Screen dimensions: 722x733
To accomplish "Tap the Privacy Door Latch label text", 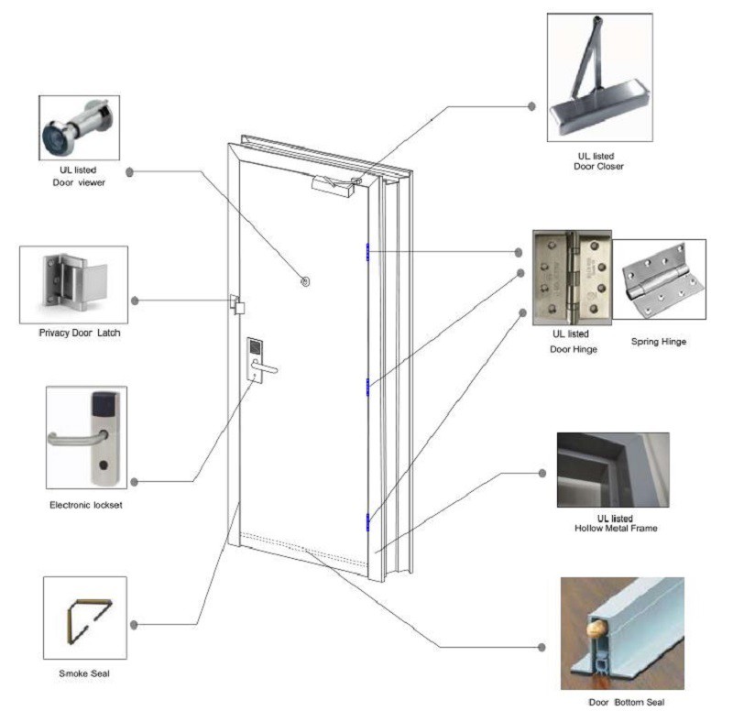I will pos(79,333).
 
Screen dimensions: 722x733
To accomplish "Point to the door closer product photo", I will pos(599,77).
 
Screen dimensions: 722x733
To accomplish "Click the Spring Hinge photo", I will pos(659,280).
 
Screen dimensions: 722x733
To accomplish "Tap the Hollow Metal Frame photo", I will pos(612,470).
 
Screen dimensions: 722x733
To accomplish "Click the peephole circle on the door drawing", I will pos(304,282).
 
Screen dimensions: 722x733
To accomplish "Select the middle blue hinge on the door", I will pos(367,387).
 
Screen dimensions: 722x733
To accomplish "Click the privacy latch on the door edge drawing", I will pos(237,305).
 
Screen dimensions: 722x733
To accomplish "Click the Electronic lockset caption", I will pos(85,505).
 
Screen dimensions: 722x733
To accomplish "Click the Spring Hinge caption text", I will pos(659,342).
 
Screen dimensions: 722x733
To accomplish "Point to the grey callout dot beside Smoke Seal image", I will pos(134,625).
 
